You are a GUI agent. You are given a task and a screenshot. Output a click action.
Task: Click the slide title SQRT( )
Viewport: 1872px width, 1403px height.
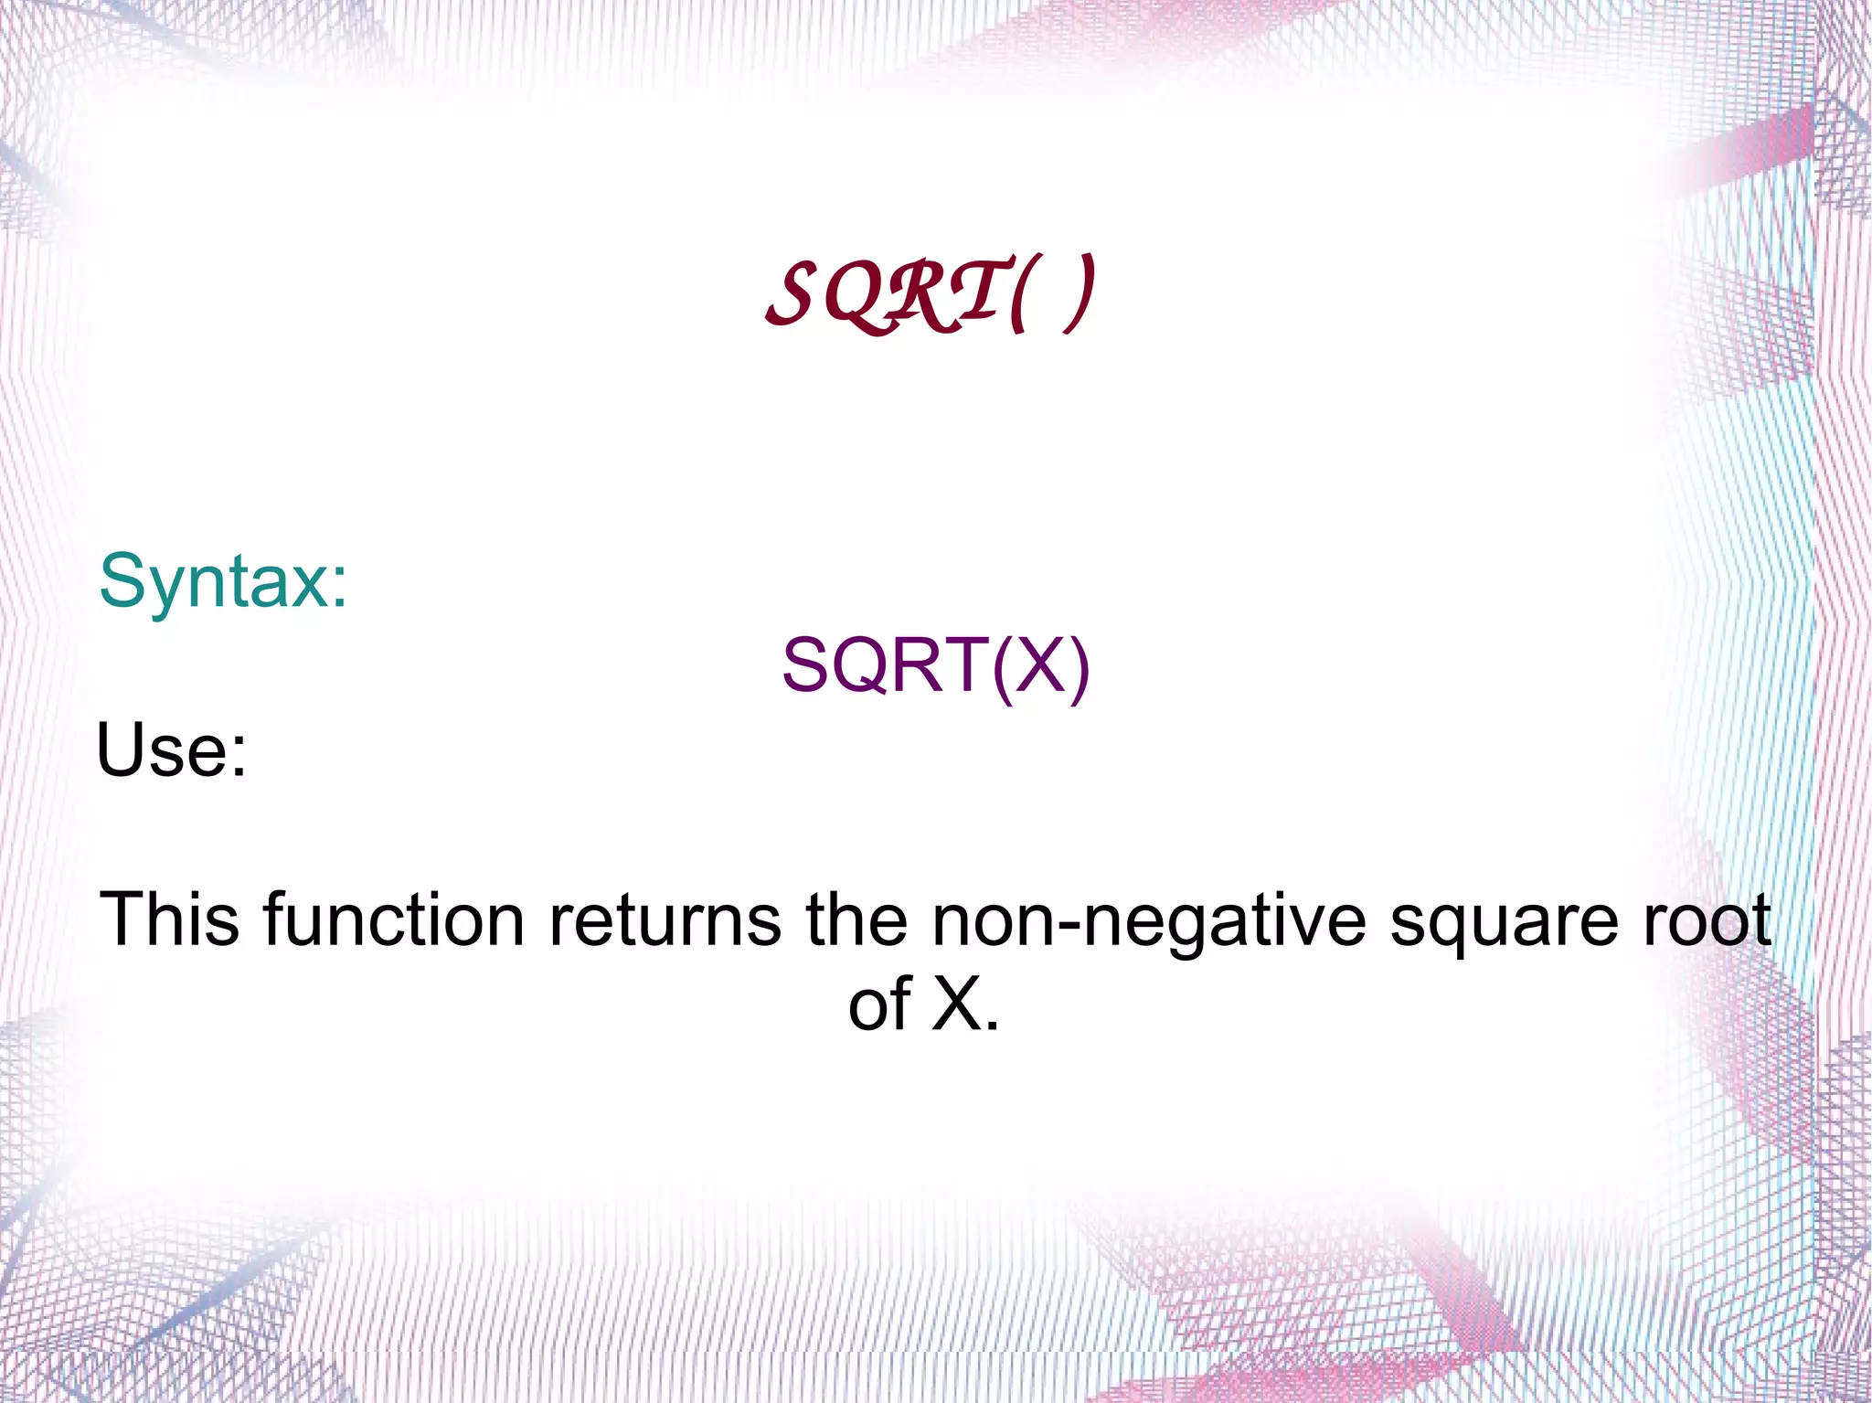(x=931, y=294)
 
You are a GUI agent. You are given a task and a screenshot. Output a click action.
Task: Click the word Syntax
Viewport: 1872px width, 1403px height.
(x=214, y=581)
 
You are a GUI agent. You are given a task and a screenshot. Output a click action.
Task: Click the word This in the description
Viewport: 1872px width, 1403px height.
(x=170, y=919)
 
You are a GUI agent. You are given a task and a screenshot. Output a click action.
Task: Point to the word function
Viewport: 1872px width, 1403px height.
(x=394, y=919)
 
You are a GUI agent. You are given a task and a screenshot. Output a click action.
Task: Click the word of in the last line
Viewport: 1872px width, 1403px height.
(x=879, y=1004)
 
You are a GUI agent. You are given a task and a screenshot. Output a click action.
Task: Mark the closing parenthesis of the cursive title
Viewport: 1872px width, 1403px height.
(x=1079, y=294)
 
